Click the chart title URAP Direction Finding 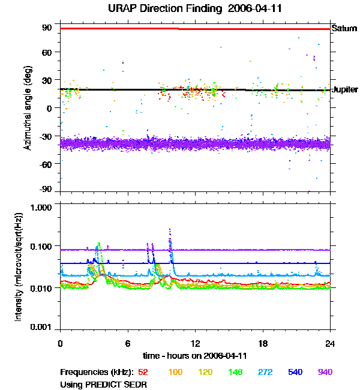[x=165, y=8]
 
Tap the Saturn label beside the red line [x=344, y=28]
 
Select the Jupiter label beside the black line [x=346, y=89]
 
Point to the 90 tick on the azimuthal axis [x=47, y=28]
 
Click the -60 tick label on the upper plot [x=46, y=164]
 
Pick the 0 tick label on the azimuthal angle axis [x=50, y=109]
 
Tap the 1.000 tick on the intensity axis [x=41, y=208]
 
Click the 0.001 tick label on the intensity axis [x=41, y=327]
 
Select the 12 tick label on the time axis [x=196, y=344]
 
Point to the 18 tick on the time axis [x=263, y=344]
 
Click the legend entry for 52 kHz [x=143, y=372]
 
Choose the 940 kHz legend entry [x=325, y=372]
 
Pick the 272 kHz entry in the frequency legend [x=265, y=372]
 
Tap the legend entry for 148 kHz [x=235, y=372]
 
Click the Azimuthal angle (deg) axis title [x=28, y=108]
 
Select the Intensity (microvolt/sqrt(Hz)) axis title [x=18, y=267]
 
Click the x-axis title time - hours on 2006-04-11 [x=195, y=356]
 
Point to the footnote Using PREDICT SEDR [x=103, y=385]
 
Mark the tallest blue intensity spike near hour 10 [x=170, y=229]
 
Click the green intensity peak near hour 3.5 [x=99, y=243]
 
